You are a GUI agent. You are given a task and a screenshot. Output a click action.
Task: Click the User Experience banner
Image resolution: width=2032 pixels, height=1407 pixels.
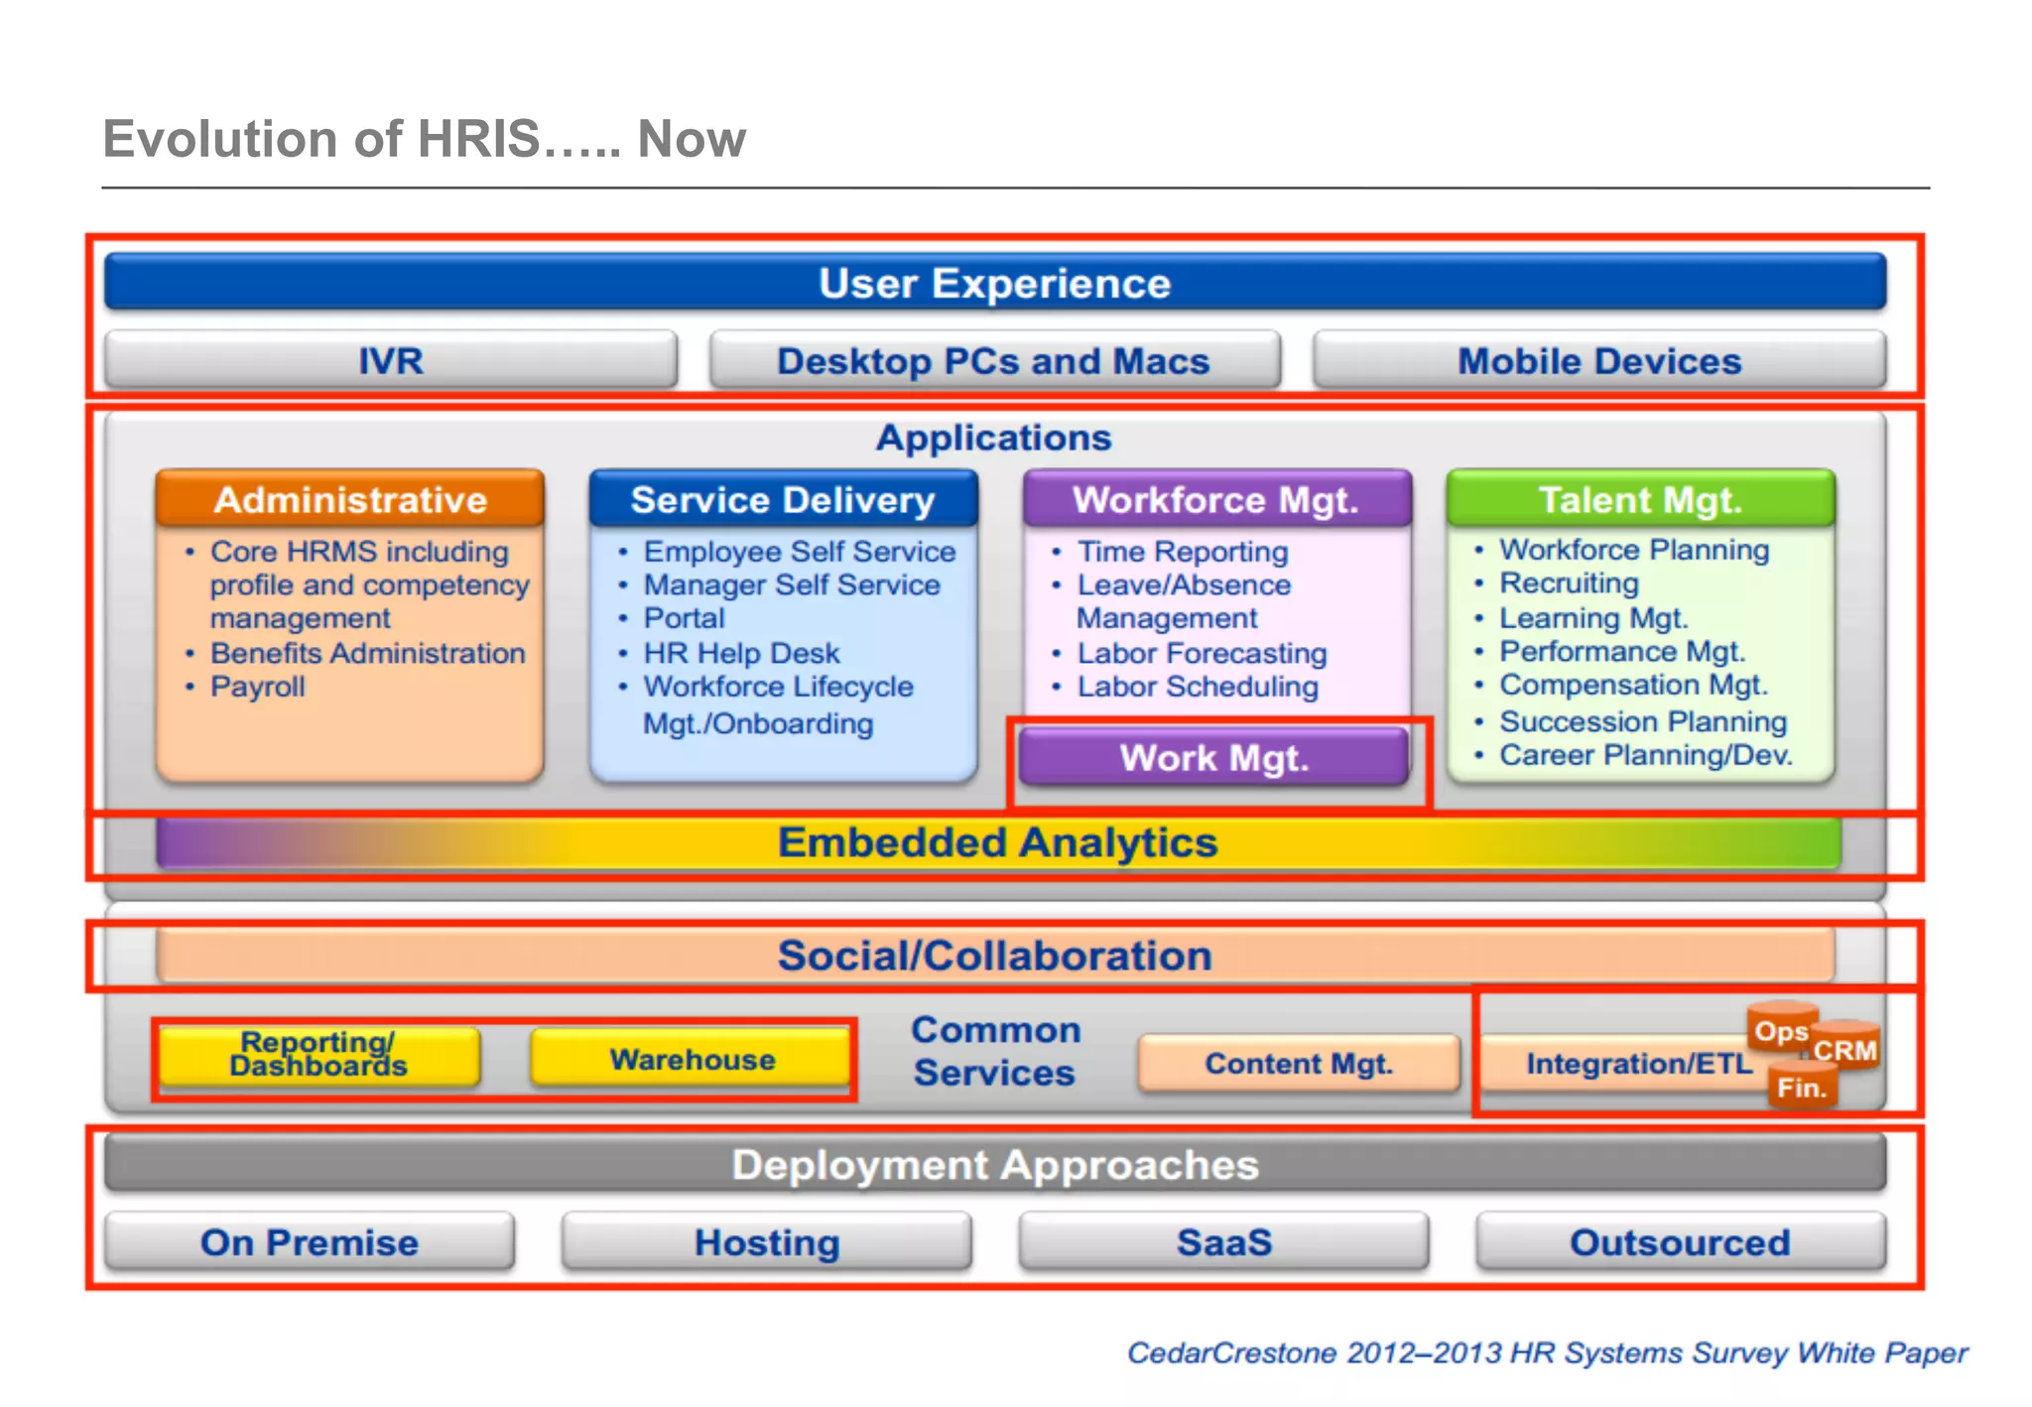(x=995, y=283)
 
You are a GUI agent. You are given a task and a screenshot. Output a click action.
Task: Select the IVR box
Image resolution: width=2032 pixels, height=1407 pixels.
(x=391, y=360)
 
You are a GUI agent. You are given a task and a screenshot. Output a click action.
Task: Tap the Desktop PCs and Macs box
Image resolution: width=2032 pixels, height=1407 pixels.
(x=994, y=360)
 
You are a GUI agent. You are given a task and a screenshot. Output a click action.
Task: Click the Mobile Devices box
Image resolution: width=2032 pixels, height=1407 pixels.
(x=1598, y=360)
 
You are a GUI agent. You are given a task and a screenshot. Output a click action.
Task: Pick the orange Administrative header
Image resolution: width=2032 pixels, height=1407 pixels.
(x=350, y=499)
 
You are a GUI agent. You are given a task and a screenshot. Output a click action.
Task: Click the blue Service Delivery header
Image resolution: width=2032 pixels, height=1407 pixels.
(x=783, y=499)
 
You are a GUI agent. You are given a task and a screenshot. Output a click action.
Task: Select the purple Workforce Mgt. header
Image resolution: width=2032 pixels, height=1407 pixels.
(x=1216, y=499)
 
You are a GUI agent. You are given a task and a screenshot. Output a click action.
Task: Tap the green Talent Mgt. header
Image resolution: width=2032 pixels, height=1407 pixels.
(x=1640, y=499)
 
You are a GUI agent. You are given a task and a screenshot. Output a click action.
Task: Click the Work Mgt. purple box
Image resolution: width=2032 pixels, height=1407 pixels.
(x=1214, y=758)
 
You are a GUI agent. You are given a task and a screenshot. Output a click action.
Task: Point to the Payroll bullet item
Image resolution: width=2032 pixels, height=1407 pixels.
(x=258, y=687)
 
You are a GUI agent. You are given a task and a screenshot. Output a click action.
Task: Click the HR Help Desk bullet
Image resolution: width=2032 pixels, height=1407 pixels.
(x=741, y=653)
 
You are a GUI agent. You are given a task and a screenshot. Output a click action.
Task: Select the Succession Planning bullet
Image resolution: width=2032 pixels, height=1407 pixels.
(x=1642, y=721)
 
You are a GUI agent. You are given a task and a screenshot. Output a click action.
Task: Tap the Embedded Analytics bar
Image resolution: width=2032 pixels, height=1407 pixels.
(x=997, y=842)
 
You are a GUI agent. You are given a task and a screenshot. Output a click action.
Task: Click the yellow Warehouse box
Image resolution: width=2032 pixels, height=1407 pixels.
(x=692, y=1059)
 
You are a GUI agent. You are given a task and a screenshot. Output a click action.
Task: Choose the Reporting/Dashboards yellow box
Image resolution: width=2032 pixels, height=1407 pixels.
(x=319, y=1055)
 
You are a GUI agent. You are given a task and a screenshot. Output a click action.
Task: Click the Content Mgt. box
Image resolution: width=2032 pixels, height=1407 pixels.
(x=1299, y=1064)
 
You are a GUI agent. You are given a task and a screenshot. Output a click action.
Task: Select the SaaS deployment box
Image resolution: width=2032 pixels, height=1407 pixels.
(x=1223, y=1241)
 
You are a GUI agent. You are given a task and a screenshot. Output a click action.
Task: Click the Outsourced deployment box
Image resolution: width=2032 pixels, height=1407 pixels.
(x=1680, y=1241)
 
